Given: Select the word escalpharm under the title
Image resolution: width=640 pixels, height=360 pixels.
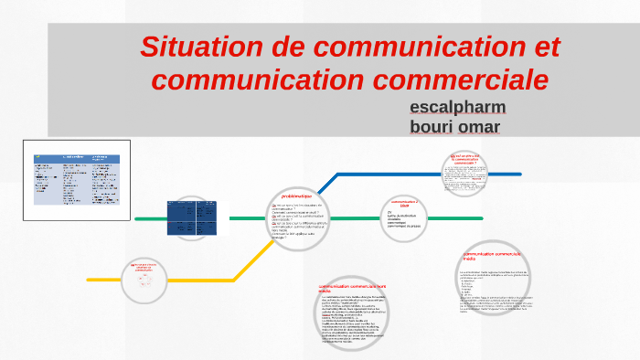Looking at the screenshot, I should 458,107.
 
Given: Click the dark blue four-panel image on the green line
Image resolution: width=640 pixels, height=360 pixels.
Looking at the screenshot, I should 191,217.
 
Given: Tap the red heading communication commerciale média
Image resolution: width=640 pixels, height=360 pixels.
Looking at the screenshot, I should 492,255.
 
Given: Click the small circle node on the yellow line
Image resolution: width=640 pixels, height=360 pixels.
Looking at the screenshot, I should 144,279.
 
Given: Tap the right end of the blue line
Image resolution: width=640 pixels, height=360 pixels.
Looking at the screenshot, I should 518,174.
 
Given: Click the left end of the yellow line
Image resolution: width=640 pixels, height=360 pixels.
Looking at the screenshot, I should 90,279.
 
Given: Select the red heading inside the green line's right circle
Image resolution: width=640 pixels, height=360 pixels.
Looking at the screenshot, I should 404,202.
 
